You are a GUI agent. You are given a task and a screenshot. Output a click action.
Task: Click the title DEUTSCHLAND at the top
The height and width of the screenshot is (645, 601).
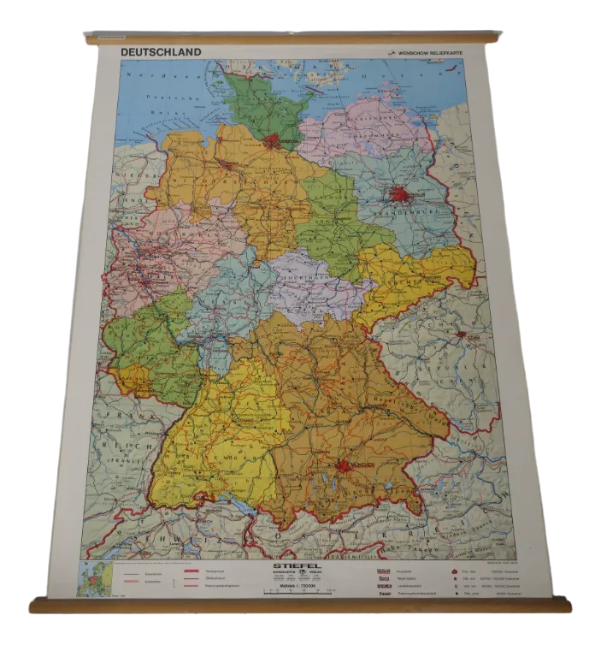161,51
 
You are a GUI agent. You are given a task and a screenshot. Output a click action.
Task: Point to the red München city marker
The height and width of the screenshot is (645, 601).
345,466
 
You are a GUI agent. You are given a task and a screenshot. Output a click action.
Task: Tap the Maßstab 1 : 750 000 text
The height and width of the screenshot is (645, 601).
296,583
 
